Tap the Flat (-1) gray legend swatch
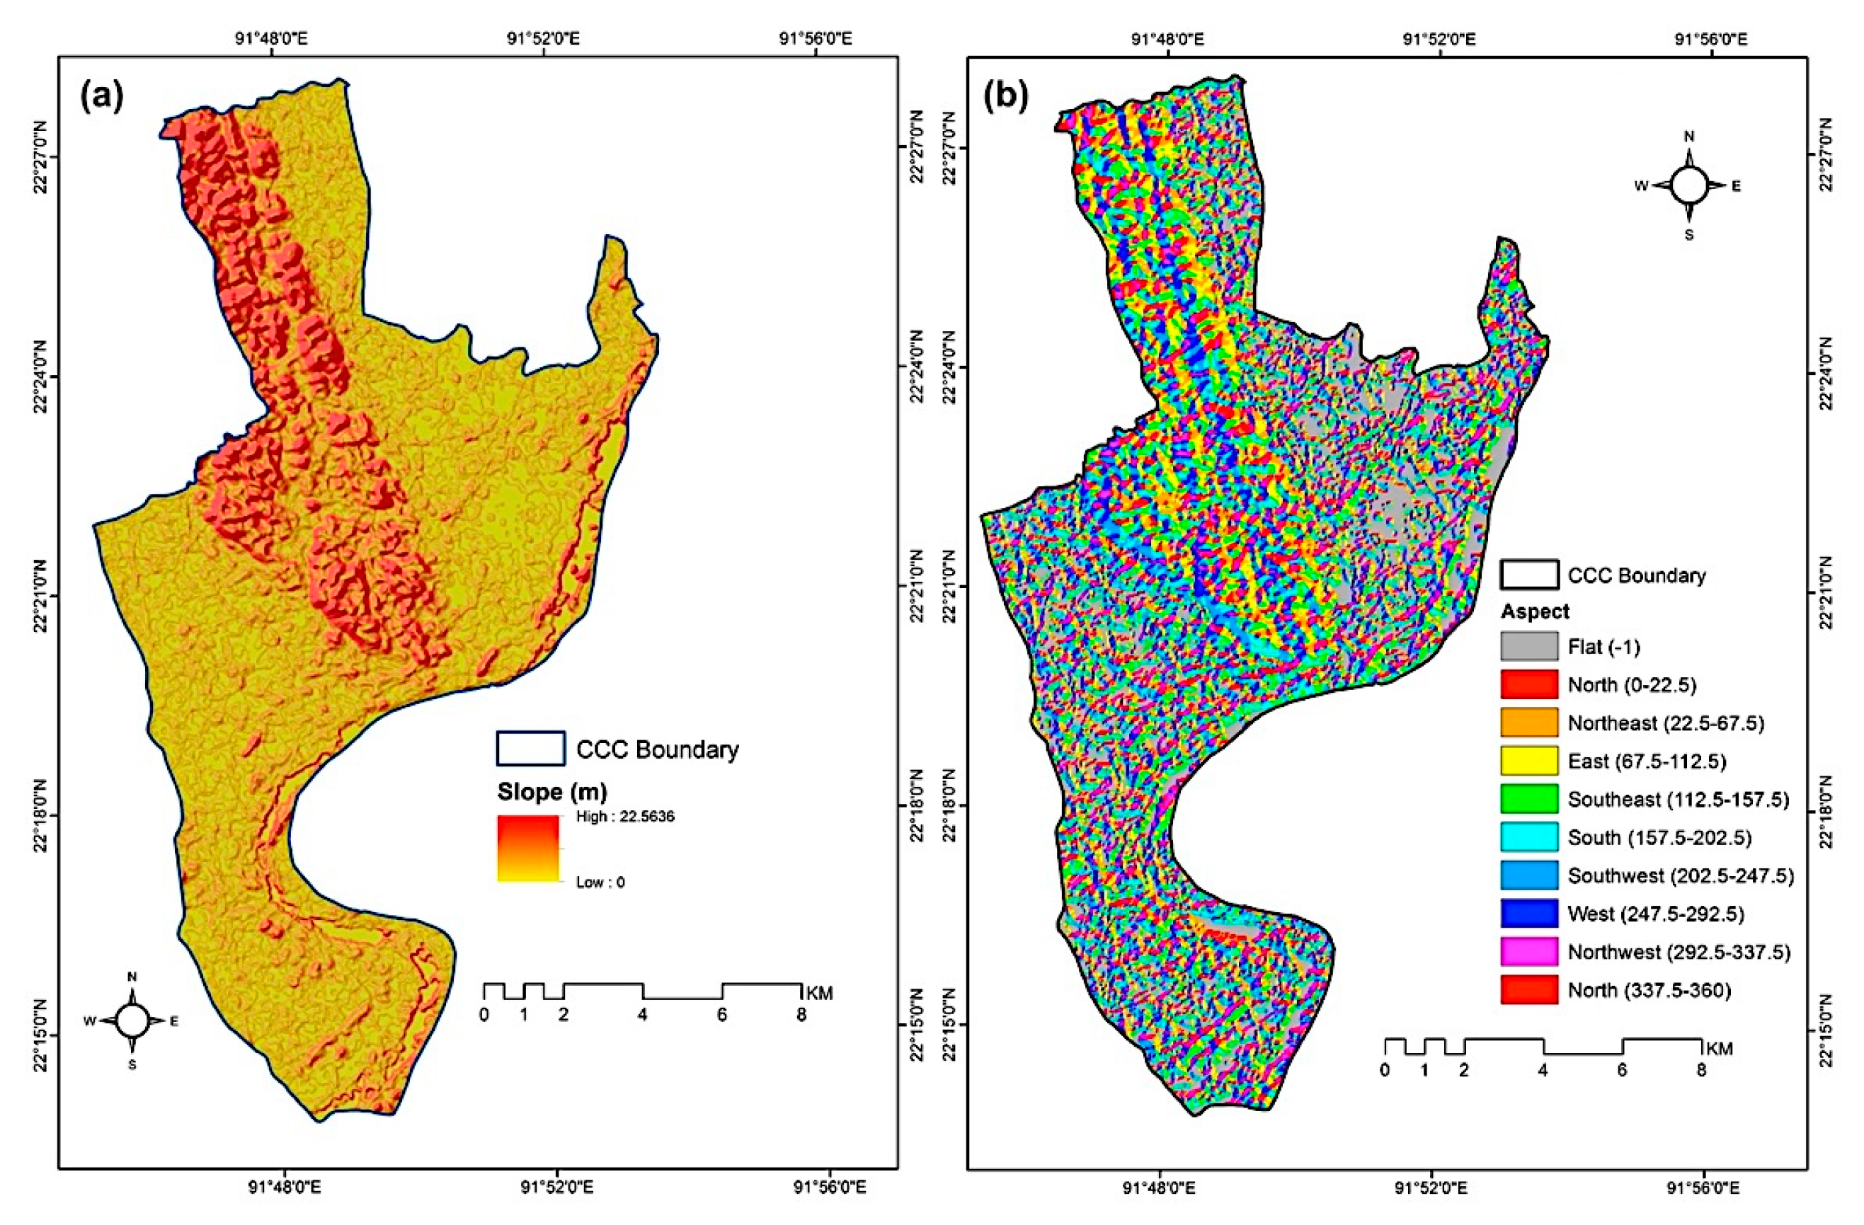tap(1529, 647)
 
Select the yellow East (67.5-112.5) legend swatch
tap(1529, 761)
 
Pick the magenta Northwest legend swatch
tap(1529, 952)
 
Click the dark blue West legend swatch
tap(1529, 914)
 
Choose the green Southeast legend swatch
tap(1529, 799)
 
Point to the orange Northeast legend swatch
tap(1529, 723)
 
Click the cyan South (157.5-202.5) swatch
tap(1529, 837)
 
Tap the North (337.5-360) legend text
tap(1648, 990)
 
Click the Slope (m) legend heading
tap(552, 792)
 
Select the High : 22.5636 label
tap(625, 817)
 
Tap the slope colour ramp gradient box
tap(528, 849)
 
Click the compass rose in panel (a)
tap(132, 1020)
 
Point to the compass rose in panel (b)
tap(1688, 185)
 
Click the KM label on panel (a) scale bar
tap(819, 994)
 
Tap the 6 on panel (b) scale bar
tap(1621, 1070)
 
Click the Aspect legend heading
tap(1535, 611)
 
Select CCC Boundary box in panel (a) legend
tap(530, 748)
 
